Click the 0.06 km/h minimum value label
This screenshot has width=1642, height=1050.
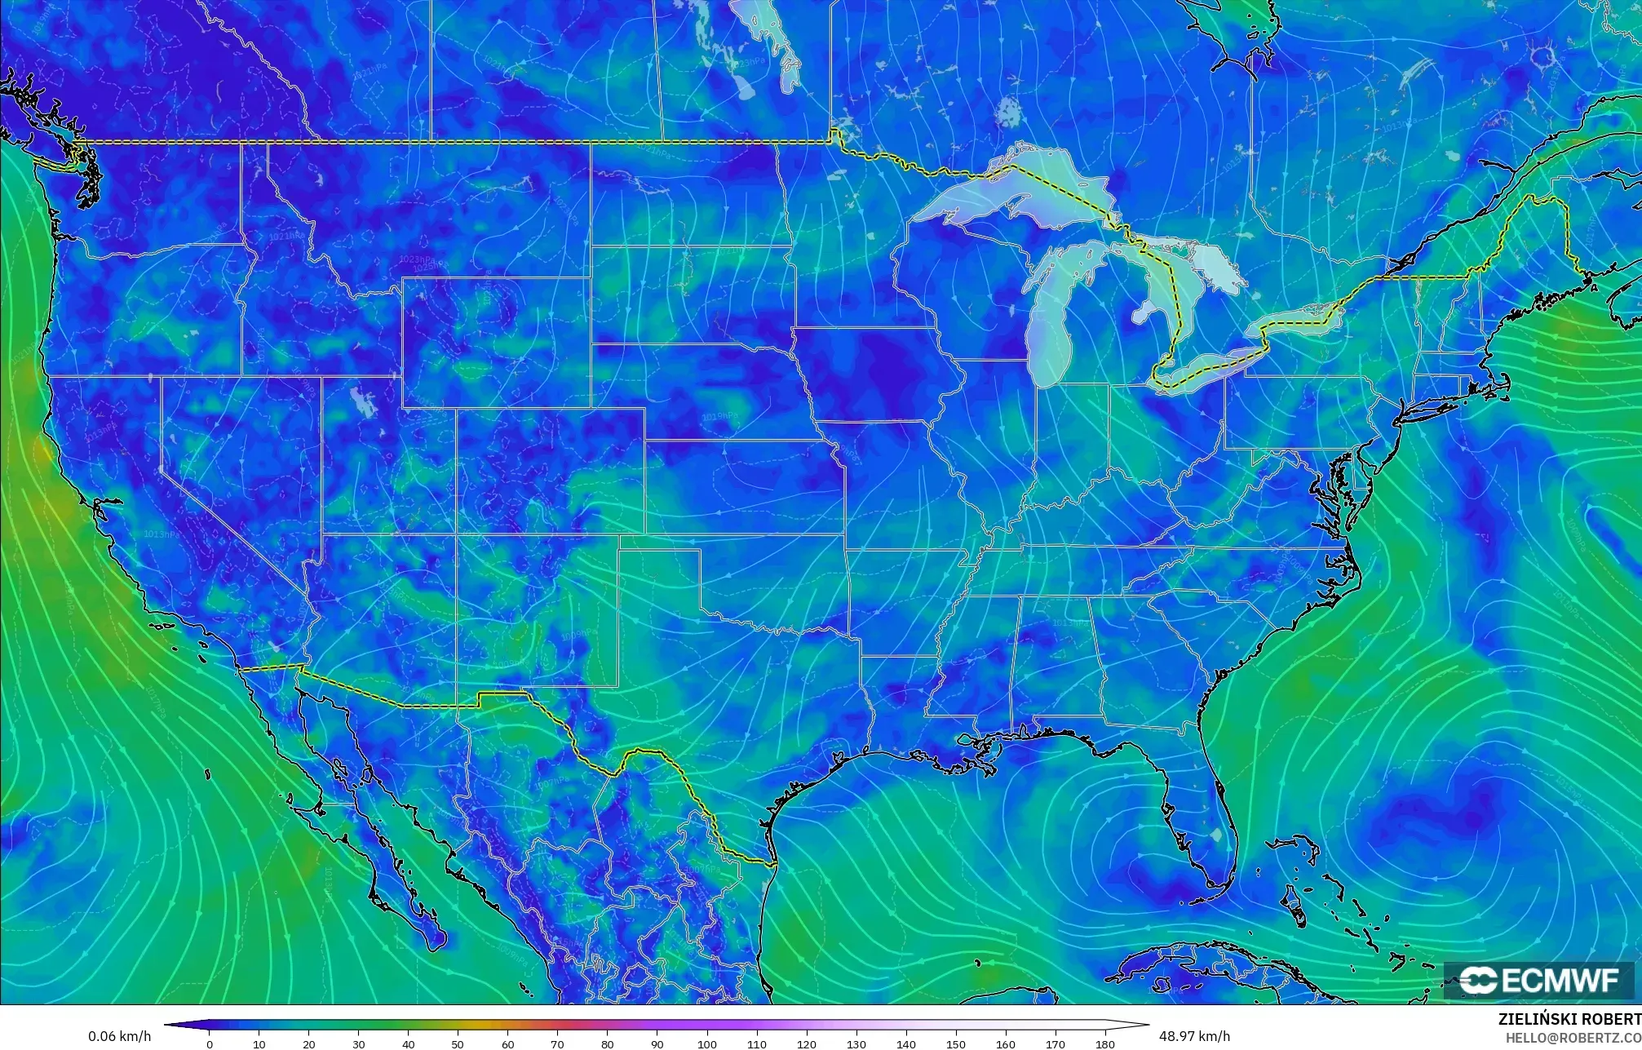click(x=119, y=1036)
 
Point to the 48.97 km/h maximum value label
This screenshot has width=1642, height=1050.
click(x=1194, y=1036)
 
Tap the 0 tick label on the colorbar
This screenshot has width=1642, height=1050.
click(x=210, y=1044)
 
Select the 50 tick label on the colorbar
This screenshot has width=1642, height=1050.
click(x=458, y=1044)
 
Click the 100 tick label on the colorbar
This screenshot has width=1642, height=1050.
click(x=707, y=1044)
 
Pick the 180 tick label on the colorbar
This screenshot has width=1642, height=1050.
click(x=1105, y=1044)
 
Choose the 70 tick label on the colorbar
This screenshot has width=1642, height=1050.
click(x=558, y=1044)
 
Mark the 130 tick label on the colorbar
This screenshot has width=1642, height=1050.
click(x=856, y=1044)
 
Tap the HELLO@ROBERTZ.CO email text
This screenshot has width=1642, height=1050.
click(x=1573, y=1038)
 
